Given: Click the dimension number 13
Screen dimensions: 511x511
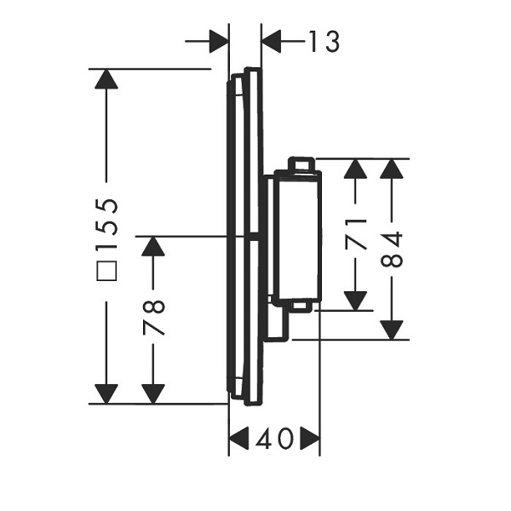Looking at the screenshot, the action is [x=324, y=42].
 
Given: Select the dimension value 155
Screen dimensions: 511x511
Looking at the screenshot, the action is [x=107, y=225].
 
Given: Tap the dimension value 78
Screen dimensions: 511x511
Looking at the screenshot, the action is [x=153, y=319].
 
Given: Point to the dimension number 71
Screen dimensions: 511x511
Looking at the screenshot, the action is [x=355, y=234].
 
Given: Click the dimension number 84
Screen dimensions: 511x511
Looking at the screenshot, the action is [x=392, y=250].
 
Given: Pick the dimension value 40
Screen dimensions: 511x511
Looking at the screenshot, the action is [x=274, y=438].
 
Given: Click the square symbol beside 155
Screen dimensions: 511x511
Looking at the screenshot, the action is [x=107, y=271].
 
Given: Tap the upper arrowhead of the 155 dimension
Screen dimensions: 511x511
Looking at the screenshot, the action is [x=106, y=79].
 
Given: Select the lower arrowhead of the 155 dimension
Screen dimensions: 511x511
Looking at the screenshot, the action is [x=106, y=393].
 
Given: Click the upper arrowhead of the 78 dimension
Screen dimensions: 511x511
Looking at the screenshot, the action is [x=153, y=246].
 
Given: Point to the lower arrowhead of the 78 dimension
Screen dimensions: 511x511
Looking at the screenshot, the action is [x=153, y=393].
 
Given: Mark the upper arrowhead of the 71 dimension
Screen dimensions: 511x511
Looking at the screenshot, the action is [x=355, y=169].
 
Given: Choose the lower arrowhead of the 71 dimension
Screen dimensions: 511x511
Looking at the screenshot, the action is [x=355, y=301].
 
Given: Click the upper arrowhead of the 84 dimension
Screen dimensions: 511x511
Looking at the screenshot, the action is [x=392, y=169].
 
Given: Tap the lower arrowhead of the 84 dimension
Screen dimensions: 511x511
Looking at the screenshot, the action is [x=392, y=330].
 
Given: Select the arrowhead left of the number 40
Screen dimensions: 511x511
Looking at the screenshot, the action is [x=239, y=438].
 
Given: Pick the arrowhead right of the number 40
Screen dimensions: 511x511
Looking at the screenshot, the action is [x=310, y=438].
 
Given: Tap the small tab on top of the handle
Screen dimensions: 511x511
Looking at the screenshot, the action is [x=301, y=164].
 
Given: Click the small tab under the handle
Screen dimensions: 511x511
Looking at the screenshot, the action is [x=301, y=307].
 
